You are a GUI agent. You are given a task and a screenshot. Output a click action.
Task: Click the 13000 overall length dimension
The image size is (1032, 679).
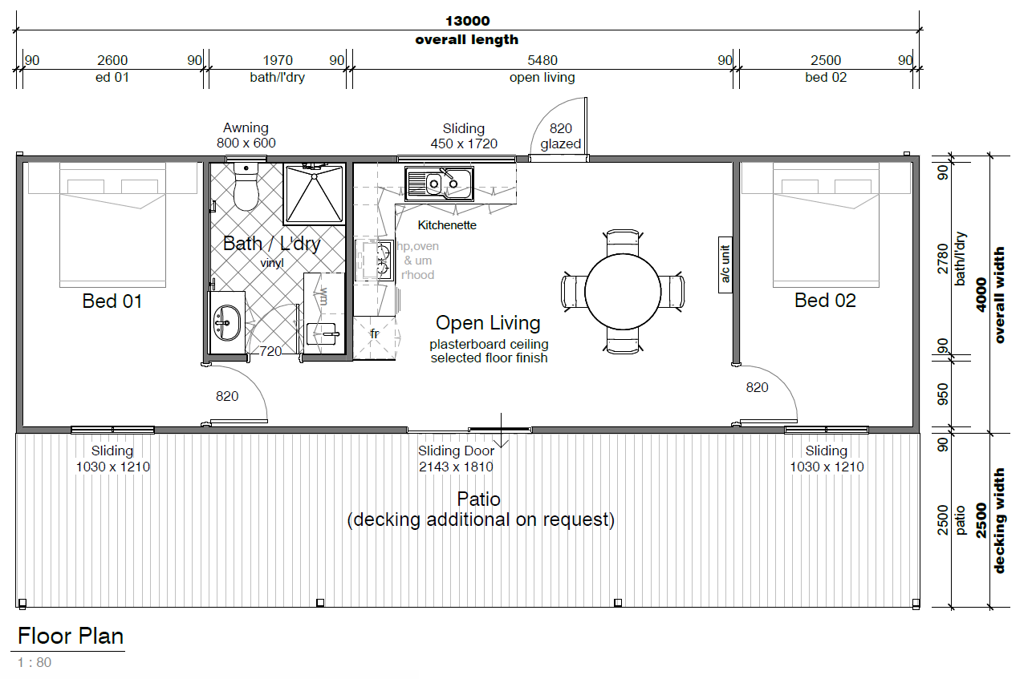(x=467, y=21)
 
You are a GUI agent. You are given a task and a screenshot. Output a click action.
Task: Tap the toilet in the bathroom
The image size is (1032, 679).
(x=246, y=186)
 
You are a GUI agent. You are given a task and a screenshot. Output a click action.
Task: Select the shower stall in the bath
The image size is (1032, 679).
(x=315, y=193)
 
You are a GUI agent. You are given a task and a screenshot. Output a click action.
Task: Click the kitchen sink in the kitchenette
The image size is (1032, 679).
(x=439, y=184)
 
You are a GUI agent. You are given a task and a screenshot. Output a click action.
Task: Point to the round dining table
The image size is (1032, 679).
(x=623, y=291)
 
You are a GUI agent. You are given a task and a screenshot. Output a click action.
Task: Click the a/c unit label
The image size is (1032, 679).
(x=725, y=265)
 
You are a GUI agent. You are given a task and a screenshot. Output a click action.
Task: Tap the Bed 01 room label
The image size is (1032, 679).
(x=112, y=301)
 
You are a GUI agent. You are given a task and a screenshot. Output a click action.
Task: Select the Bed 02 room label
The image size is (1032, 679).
(x=825, y=301)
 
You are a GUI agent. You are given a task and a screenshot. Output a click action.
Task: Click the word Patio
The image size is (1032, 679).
(x=478, y=499)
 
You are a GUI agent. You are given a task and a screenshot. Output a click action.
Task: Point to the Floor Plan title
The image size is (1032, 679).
(x=71, y=637)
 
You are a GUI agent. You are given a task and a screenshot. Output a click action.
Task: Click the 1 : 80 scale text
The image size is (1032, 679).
(x=35, y=662)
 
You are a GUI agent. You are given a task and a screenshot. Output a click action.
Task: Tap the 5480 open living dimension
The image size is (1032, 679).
(x=542, y=60)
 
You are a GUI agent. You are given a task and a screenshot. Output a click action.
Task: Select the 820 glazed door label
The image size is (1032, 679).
(x=561, y=136)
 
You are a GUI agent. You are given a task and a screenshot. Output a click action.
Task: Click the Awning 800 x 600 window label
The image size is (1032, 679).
(x=246, y=135)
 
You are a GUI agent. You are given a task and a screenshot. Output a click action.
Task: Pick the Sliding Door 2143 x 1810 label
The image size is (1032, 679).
(x=456, y=459)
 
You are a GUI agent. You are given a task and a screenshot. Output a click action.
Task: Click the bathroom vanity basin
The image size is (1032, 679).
(x=226, y=323)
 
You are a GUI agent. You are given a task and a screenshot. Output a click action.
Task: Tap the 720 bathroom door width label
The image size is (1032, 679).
(x=270, y=352)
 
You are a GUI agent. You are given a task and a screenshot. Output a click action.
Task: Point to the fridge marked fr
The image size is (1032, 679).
(x=375, y=337)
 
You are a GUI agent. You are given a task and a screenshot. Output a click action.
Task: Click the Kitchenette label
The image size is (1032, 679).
(x=447, y=225)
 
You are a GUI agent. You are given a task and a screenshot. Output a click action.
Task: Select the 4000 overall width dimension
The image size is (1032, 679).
(x=981, y=295)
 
